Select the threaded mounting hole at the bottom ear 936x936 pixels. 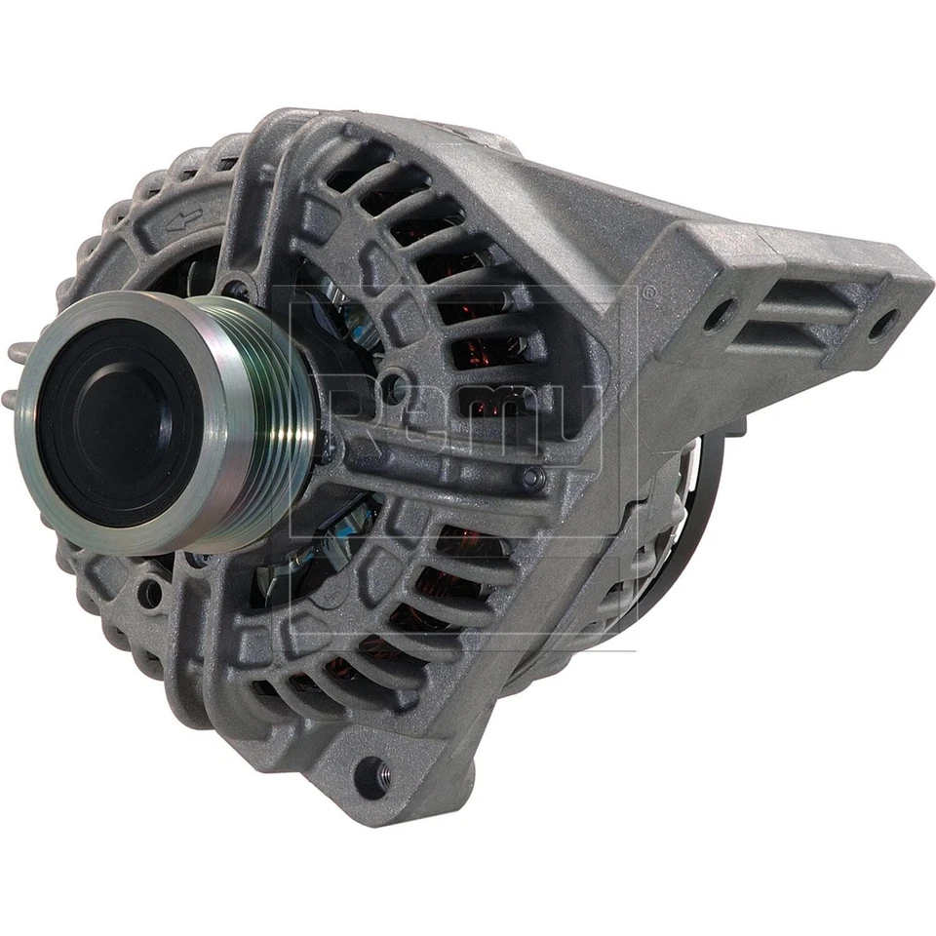tap(370, 774)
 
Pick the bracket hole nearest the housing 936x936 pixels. tap(719, 313)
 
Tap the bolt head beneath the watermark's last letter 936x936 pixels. tap(532, 478)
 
